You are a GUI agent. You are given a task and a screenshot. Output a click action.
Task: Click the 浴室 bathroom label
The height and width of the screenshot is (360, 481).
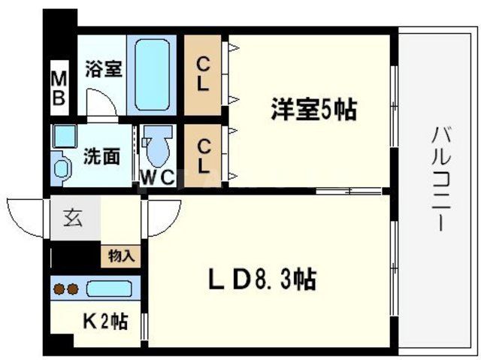[104, 69]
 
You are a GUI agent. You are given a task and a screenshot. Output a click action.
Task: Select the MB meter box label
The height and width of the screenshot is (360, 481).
[59, 87]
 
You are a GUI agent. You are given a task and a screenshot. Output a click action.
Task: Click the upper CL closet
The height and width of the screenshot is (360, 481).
[203, 74]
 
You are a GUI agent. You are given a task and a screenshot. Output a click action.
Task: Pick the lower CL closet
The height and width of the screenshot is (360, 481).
[203, 153]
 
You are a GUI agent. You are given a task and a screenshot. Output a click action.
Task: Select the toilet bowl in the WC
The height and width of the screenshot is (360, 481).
[158, 150]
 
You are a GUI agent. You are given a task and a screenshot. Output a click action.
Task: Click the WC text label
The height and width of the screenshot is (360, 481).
[158, 178]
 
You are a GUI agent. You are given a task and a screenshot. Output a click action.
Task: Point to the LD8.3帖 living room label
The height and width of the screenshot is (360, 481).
[261, 282]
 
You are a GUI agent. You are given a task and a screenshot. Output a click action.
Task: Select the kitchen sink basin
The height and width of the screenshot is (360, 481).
[108, 289]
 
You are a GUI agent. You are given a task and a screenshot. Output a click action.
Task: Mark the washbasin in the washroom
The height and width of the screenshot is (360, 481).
[60, 165]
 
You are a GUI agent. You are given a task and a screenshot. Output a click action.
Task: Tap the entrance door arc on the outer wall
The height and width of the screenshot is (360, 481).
[27, 213]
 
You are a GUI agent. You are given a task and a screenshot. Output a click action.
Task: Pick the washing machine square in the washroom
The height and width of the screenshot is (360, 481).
[63, 135]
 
